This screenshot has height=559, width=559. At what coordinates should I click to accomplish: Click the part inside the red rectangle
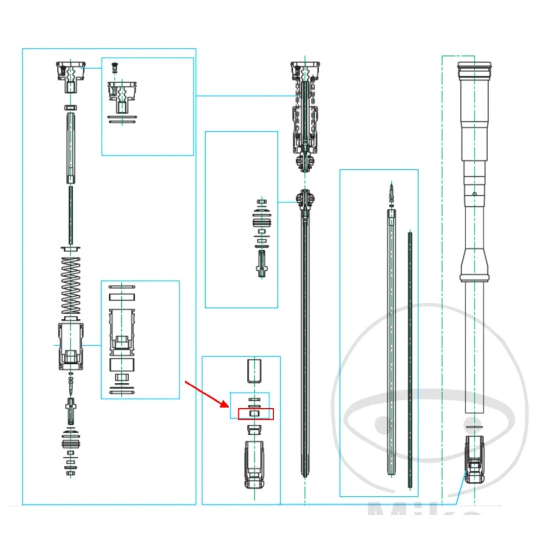pyautogui.click(x=254, y=414)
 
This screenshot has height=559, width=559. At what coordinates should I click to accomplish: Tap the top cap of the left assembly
pyautogui.click(x=70, y=75)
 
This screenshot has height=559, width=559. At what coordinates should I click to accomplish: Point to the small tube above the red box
pyautogui.click(x=254, y=370)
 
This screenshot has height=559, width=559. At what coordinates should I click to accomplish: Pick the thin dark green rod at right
pyautogui.click(x=410, y=358)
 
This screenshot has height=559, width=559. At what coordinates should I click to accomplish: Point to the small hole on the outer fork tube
pyautogui.click(x=474, y=193)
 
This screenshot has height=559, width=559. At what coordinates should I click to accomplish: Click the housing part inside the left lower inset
pyautogui.click(x=122, y=330)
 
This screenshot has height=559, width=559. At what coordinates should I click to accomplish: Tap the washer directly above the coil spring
pyautogui.click(x=70, y=249)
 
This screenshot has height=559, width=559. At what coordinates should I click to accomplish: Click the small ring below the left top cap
pyautogui.click(x=70, y=107)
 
